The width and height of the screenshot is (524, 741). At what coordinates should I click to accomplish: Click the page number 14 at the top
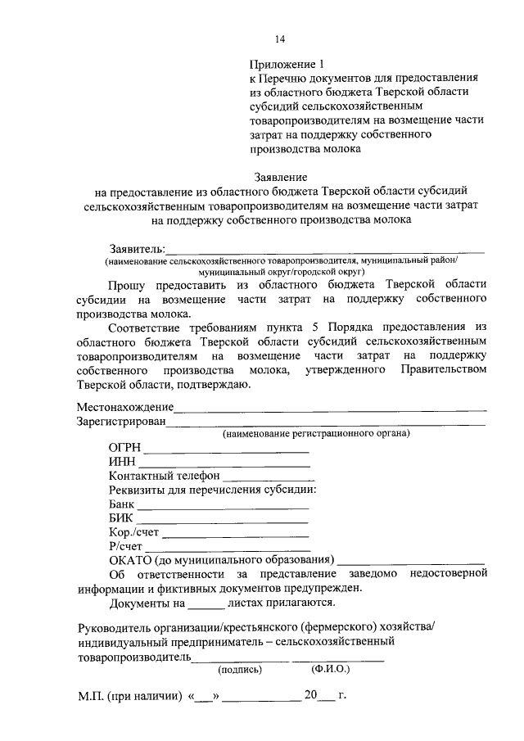(x=280, y=38)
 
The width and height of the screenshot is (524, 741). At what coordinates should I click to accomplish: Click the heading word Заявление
(x=280, y=177)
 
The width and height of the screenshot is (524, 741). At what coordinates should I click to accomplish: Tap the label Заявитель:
(x=137, y=248)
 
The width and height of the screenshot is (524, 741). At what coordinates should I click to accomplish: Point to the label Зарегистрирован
(x=121, y=422)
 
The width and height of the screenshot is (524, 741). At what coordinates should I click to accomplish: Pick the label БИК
(x=121, y=519)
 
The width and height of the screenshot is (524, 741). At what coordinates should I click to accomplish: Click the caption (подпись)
(x=239, y=669)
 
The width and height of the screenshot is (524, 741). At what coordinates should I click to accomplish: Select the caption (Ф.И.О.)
(x=330, y=669)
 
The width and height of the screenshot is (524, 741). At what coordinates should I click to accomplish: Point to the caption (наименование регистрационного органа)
(x=317, y=433)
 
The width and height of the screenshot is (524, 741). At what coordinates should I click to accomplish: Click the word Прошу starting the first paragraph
(x=128, y=283)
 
